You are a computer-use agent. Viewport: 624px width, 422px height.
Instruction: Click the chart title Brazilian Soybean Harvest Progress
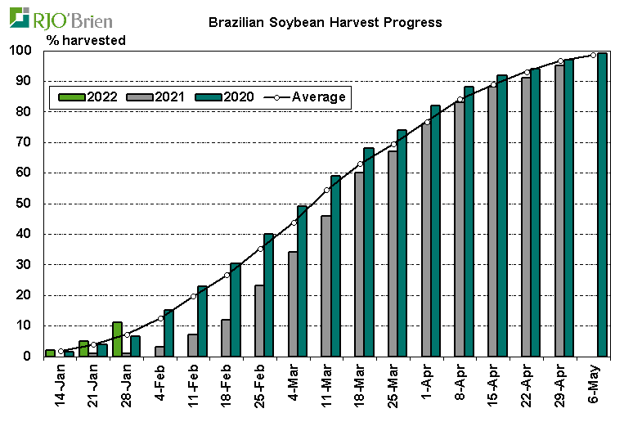click(325, 22)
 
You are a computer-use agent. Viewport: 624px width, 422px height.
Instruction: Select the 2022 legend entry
click(88, 97)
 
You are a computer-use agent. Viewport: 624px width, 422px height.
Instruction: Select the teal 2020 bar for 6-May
click(602, 204)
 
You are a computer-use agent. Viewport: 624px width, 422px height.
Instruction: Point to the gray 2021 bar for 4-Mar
click(293, 304)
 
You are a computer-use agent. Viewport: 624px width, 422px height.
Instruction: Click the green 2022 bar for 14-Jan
click(51, 353)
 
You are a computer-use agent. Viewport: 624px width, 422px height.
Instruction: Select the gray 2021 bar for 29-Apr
click(559, 211)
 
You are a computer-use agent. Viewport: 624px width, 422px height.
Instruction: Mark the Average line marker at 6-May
click(594, 55)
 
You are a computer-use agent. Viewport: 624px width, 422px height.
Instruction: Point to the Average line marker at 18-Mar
click(361, 164)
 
